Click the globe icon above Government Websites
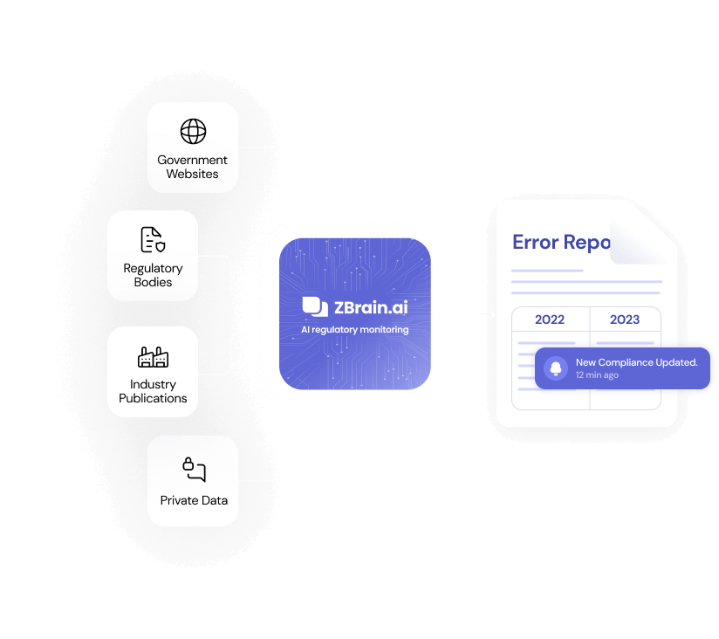click(x=193, y=132)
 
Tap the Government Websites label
click(x=193, y=167)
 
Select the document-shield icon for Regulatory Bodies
click(x=153, y=239)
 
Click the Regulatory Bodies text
click(x=153, y=275)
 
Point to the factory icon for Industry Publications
click(x=153, y=356)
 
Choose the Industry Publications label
click(x=153, y=391)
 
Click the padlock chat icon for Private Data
click(x=194, y=469)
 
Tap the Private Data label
click(x=194, y=500)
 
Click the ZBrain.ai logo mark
click(x=314, y=306)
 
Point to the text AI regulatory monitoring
click(x=355, y=330)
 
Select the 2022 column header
click(x=550, y=319)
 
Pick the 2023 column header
click(x=625, y=319)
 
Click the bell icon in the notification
click(x=556, y=368)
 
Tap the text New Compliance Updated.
click(x=636, y=361)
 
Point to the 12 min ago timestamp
click(x=598, y=375)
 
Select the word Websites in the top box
click(x=193, y=174)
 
